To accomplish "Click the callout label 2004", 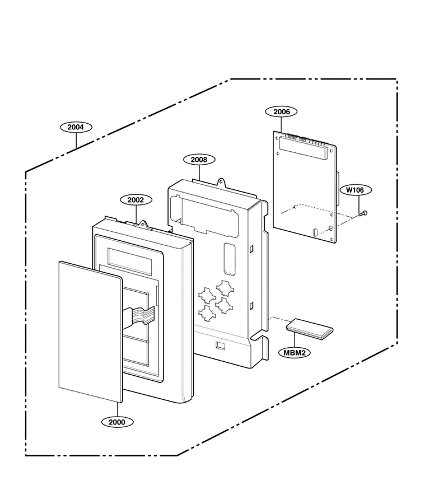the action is click(76, 127).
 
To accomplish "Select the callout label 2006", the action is click(281, 112).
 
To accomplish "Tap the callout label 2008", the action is click(199, 160).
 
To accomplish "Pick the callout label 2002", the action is click(136, 200).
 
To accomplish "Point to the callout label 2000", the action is click(117, 422).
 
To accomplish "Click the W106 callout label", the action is click(354, 190).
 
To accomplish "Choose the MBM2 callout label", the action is click(295, 353).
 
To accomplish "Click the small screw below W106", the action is click(363, 213).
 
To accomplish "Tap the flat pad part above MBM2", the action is click(310, 329).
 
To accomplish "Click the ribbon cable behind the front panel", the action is click(139, 316).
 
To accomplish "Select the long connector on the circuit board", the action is click(303, 147).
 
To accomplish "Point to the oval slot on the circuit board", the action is click(315, 232).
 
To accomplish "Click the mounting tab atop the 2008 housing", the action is click(221, 182).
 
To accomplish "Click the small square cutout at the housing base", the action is click(221, 346).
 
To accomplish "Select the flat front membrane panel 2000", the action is click(90, 332).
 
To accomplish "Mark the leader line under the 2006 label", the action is click(281, 125).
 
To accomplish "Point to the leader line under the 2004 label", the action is click(76, 140).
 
